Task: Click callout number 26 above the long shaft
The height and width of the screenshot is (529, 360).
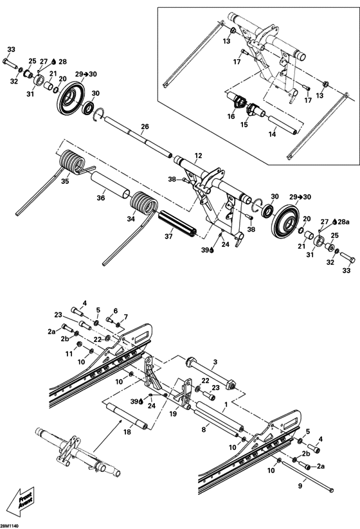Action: click(x=145, y=126)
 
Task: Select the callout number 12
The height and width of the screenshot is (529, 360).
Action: click(x=198, y=156)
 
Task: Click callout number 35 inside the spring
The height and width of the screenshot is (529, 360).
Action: click(x=64, y=182)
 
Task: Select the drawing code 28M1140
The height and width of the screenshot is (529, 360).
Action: click(x=14, y=525)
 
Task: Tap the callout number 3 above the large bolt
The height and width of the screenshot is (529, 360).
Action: click(x=215, y=363)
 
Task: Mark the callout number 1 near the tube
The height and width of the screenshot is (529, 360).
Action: click(x=225, y=407)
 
